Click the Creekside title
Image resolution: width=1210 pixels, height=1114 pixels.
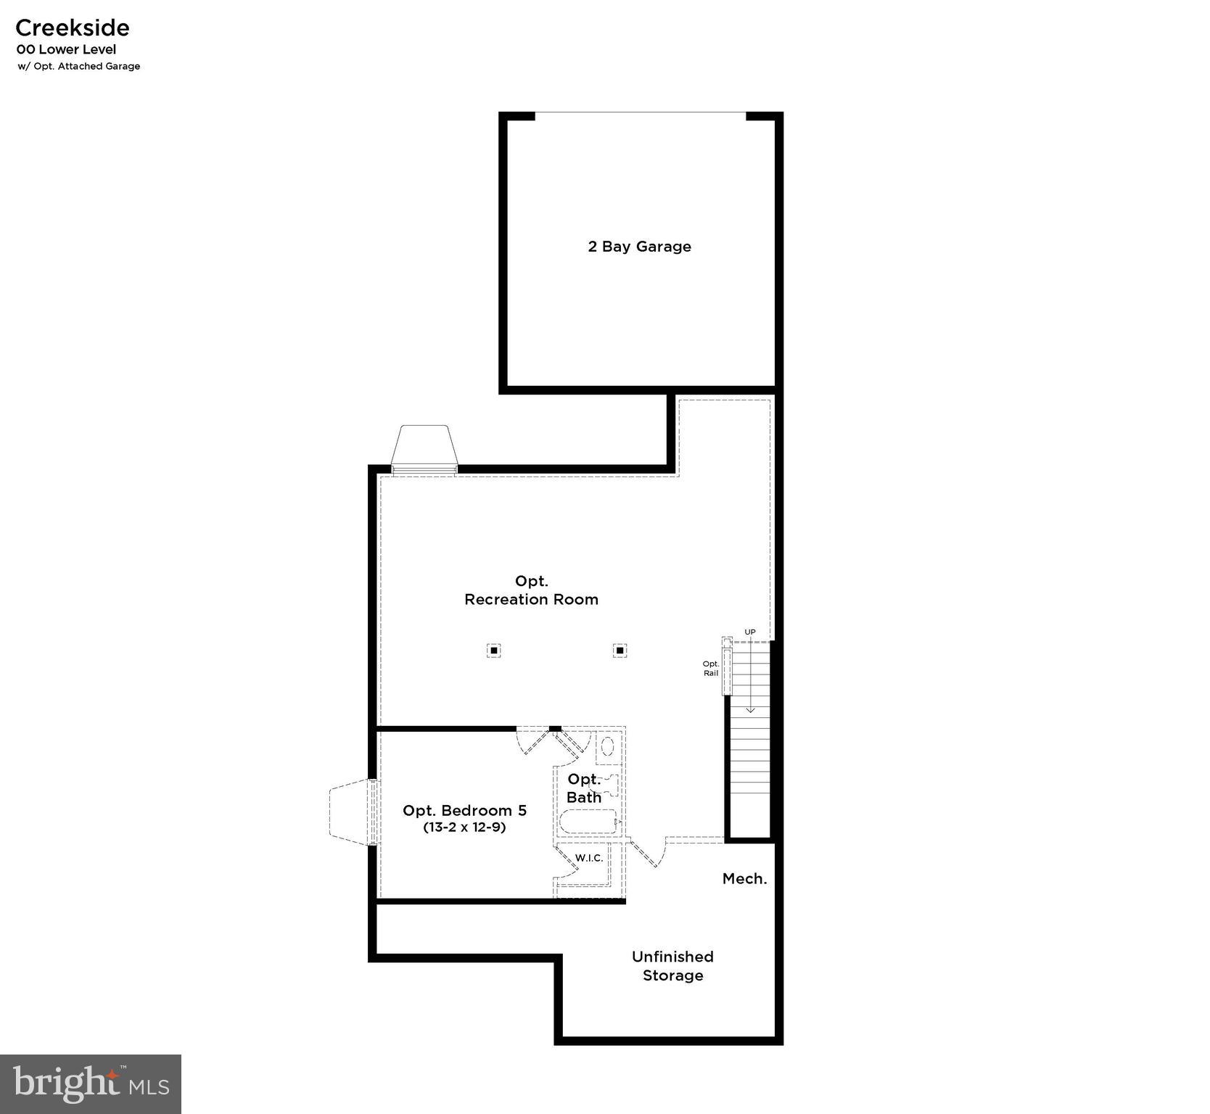[73, 28]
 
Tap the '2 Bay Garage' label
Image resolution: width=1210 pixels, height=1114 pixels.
[639, 247]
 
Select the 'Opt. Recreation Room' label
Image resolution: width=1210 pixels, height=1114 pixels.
[531, 590]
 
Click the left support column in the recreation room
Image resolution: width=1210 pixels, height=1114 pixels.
[493, 651]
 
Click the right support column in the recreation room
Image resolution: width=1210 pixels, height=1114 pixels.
[620, 651]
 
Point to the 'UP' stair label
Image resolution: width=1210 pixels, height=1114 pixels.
[750, 632]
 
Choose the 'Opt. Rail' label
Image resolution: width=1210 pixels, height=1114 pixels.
[711, 668]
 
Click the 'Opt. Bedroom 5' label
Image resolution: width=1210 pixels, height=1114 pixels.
[464, 810]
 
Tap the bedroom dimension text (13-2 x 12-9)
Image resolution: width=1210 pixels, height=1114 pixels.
[464, 827]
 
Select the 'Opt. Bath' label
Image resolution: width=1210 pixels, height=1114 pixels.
[584, 788]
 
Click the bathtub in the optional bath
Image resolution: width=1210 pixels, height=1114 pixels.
[588, 822]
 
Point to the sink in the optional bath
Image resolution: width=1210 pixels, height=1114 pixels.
[608, 746]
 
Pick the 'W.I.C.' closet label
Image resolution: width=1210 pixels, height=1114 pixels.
[589, 858]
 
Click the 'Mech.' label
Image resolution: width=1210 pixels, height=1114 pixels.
[744, 879]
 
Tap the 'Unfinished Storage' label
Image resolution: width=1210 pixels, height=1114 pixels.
[672, 966]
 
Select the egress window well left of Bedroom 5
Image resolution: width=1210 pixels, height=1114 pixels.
[351, 812]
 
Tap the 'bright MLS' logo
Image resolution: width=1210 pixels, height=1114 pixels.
[91, 1084]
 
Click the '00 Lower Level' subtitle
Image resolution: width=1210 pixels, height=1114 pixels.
[67, 50]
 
